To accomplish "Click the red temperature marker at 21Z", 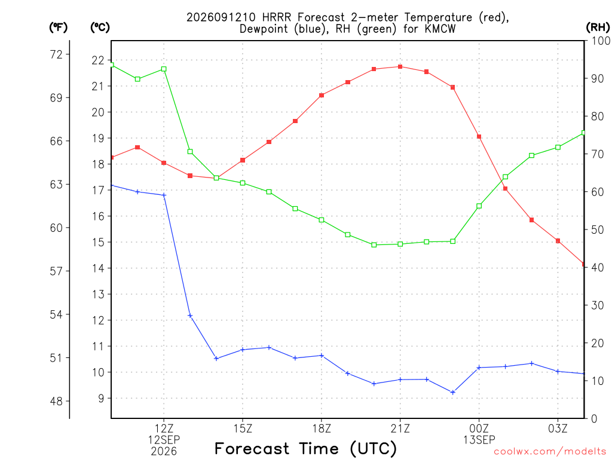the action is click(x=400, y=67).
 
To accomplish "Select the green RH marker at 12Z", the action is click(x=164, y=69).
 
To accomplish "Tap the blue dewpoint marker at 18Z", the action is click(x=322, y=356).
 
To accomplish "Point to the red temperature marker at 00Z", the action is click(x=479, y=137).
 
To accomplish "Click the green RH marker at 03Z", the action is click(x=558, y=147).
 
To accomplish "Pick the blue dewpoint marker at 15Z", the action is click(x=243, y=350).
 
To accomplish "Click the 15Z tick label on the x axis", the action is click(x=243, y=429).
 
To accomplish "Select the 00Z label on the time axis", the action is click(x=479, y=429).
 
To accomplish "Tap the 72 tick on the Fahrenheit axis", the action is click(x=56, y=54).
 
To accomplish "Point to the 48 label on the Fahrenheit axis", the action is click(x=56, y=401).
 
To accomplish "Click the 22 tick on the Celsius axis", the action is click(x=98, y=60).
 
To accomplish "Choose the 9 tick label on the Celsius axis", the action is click(x=101, y=399).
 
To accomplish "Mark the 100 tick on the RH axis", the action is click(x=601, y=41).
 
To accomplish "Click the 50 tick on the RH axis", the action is click(x=597, y=229).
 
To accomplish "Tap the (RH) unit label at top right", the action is click(x=598, y=27).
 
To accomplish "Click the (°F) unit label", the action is click(x=58, y=27).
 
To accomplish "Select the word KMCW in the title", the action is click(x=440, y=29).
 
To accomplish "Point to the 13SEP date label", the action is click(x=479, y=440).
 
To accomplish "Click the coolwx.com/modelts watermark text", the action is click(x=550, y=451).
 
